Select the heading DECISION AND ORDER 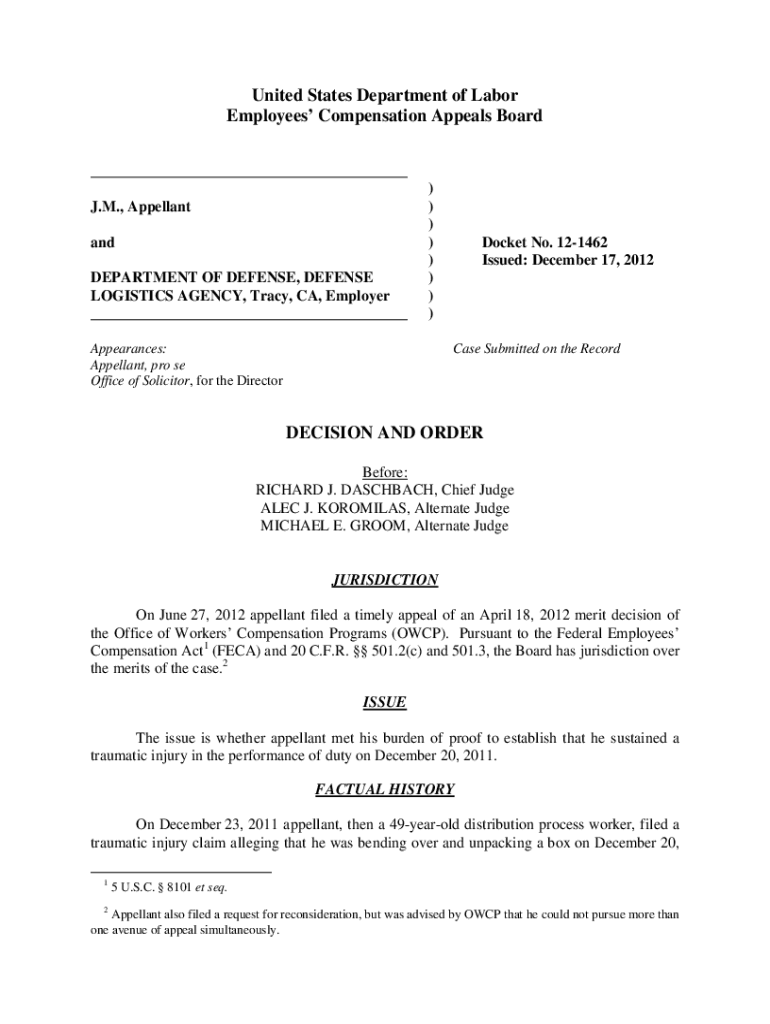pyautogui.click(x=385, y=433)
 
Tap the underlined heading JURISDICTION pyautogui.click(x=385, y=580)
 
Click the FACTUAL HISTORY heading pyautogui.click(x=385, y=789)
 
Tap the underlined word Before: pyautogui.click(x=385, y=472)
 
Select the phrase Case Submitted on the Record pyautogui.click(x=536, y=349)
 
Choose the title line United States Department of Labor pyautogui.click(x=385, y=96)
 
